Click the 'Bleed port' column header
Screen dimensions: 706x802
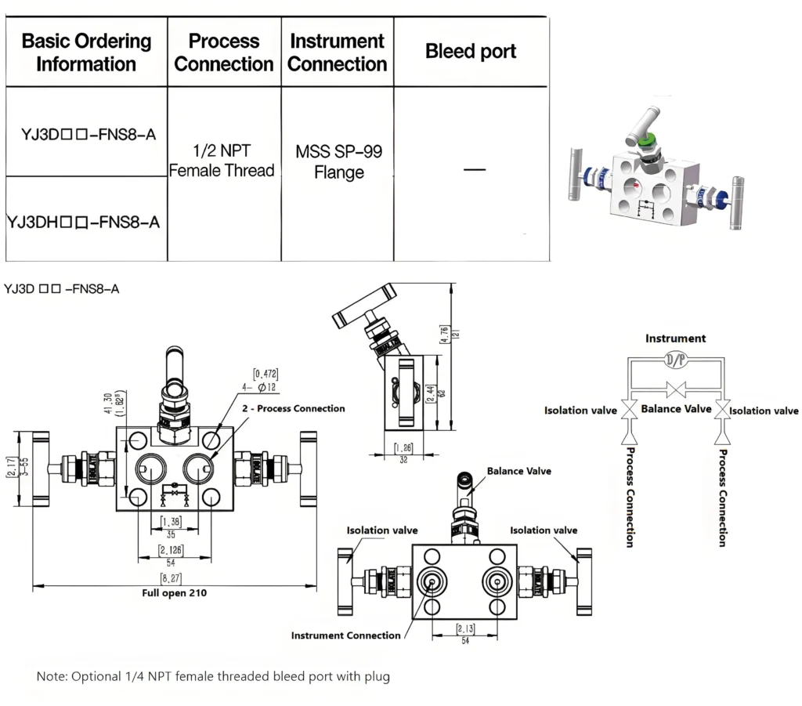click(471, 52)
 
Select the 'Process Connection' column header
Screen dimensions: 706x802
click(224, 52)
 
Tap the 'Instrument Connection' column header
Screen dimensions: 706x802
click(337, 52)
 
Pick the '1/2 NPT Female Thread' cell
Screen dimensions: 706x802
click(222, 161)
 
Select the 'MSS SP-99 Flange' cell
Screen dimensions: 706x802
click(338, 161)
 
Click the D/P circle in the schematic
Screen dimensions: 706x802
click(675, 360)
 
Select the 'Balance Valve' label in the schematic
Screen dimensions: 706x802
click(676, 408)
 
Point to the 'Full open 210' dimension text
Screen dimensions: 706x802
click(174, 593)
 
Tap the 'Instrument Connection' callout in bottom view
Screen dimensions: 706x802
click(345, 635)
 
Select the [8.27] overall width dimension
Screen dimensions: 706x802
click(173, 578)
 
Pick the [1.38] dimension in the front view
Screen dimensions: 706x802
click(172, 521)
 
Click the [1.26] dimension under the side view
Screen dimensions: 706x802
click(403, 449)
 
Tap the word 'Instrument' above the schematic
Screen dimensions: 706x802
click(675, 339)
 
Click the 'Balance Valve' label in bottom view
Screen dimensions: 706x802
click(518, 471)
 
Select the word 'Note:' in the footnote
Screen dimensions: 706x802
click(52, 675)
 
